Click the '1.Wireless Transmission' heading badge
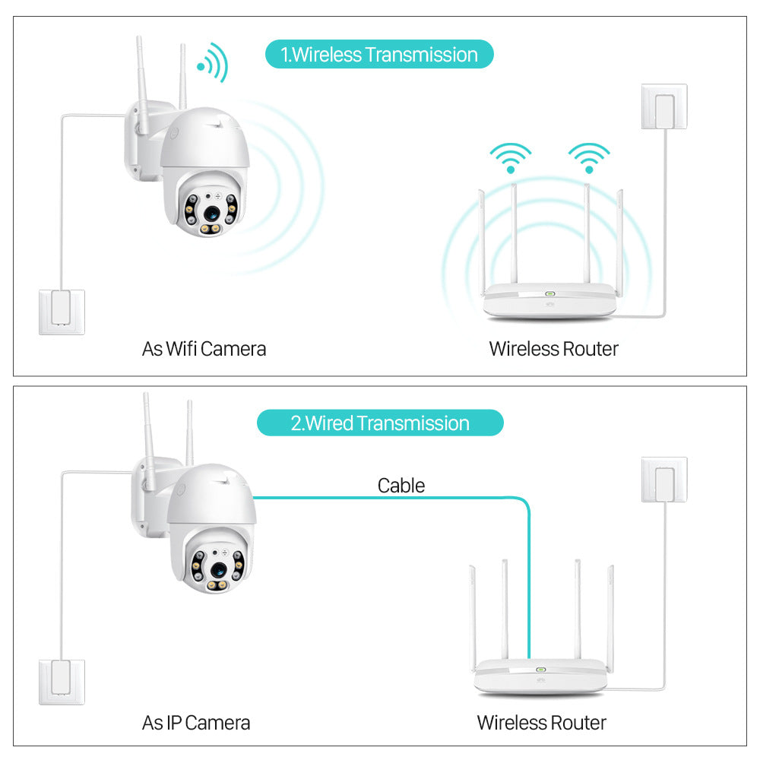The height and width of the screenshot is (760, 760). pos(379,55)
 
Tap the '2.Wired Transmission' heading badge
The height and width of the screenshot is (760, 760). pos(380,423)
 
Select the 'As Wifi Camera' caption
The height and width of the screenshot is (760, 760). pos(204,349)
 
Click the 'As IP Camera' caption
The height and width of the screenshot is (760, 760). pos(196,722)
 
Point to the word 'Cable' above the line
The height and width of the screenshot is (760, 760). pos(401,485)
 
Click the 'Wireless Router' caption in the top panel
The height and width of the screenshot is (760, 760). pos(553,349)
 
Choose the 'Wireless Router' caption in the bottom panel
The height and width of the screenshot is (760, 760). pos(541,722)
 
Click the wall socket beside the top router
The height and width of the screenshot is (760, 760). pos(664,106)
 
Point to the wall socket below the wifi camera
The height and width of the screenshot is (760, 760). pos(62,312)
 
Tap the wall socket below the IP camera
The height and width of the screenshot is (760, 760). pos(62,682)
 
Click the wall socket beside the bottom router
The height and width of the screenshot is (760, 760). pos(664,479)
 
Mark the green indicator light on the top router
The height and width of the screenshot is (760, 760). pos(549,293)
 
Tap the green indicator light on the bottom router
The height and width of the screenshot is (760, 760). pos(541,670)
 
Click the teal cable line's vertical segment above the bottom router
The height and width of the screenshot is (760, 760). pos(529,585)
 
